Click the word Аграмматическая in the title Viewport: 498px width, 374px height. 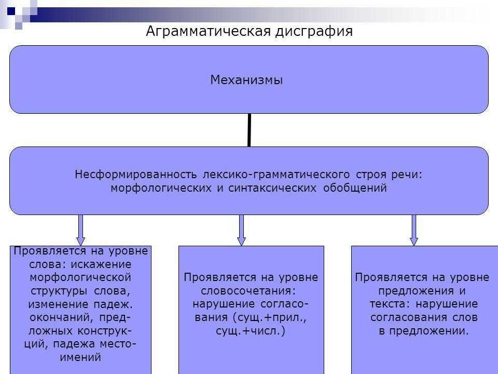[x=208, y=32]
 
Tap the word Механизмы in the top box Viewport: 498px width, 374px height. [x=246, y=80]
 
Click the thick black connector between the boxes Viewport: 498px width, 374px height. [x=250, y=130]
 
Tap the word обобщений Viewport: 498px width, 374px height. [x=355, y=188]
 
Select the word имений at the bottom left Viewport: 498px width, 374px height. [x=80, y=357]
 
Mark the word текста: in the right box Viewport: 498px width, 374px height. [x=388, y=303]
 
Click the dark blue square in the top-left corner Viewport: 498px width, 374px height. [x=11, y=9]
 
